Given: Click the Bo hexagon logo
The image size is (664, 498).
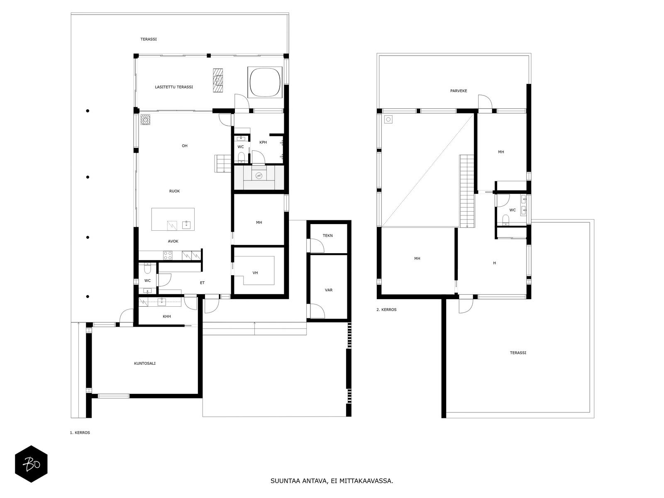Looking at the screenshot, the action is tap(31, 464).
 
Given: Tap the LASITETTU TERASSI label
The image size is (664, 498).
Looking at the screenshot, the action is tap(173, 87).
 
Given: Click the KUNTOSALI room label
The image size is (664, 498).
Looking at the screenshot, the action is tap(144, 364).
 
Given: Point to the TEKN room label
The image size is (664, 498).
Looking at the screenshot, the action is tap(327, 236).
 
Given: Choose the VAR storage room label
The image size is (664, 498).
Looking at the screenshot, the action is tap(329, 290).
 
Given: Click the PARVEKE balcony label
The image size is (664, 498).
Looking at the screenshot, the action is tap(459, 91).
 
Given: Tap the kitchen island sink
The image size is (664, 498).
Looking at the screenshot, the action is tap(186, 225).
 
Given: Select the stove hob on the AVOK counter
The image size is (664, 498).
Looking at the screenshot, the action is tap(168, 256).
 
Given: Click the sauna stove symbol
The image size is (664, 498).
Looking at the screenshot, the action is tap(259, 176).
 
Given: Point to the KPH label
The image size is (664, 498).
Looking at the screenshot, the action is tap(263, 142).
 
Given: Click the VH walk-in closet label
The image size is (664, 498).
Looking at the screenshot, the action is tap(255, 273).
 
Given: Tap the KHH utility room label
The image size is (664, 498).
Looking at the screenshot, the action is tap(167, 317).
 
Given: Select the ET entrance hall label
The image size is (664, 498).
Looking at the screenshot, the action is tap(202, 283).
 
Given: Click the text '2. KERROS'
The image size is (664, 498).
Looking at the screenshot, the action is tap(386, 310).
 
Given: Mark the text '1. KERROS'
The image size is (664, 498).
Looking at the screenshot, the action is tap(80, 433).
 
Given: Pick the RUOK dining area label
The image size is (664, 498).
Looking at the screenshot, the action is tap(174, 191).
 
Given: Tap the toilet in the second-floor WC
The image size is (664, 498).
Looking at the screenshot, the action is tap(505, 219).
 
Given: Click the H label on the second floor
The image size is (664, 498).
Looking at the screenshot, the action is tap(494, 263).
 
